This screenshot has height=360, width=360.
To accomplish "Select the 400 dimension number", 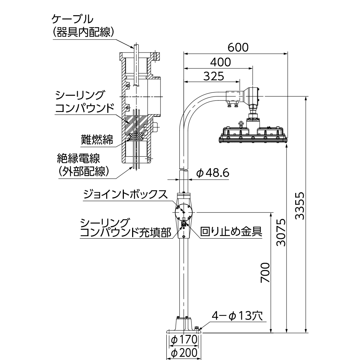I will (220, 62).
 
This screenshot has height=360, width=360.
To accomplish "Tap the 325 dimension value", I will (213, 76).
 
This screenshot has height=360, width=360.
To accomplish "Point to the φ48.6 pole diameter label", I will (213, 173).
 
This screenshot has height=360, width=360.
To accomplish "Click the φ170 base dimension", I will (184, 339).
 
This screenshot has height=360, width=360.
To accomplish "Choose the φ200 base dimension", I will (184, 353).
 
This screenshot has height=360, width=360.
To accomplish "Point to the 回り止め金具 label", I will (231, 231).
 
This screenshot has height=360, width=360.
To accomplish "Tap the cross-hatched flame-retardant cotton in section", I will (136, 136).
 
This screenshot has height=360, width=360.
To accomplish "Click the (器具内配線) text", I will (84, 32).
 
